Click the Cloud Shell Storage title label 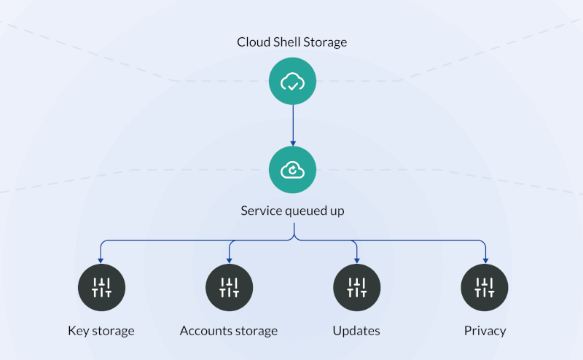(291, 42)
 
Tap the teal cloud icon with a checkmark (292, 82)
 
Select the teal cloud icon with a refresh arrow (292, 170)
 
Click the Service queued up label (292, 211)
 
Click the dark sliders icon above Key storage (101, 287)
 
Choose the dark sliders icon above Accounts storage (229, 287)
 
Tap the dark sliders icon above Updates (356, 287)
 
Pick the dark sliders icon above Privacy (485, 287)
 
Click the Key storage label (101, 331)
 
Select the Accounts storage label (229, 331)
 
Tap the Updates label (356, 331)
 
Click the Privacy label (485, 331)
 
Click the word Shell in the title (288, 42)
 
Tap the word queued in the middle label (302, 211)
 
